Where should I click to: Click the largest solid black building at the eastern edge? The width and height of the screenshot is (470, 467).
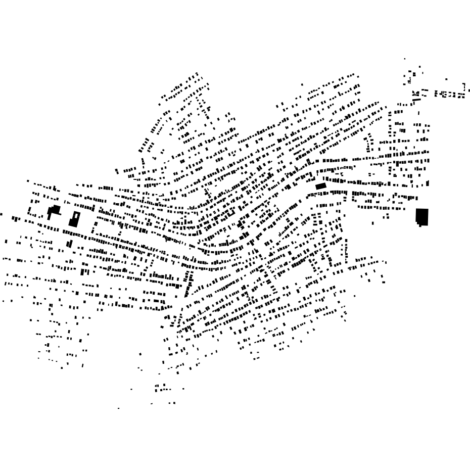422,216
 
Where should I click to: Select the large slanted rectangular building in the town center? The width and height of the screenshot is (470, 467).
321,186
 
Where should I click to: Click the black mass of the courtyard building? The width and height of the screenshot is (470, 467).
73,222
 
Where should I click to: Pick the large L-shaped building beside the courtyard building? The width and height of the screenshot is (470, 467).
54,210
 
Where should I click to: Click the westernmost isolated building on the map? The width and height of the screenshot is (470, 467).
1,214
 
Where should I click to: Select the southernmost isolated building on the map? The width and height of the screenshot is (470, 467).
119,408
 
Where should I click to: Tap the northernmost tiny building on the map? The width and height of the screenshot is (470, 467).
404,59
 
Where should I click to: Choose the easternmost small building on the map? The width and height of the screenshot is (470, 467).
469,90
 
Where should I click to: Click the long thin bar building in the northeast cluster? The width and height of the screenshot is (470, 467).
416,101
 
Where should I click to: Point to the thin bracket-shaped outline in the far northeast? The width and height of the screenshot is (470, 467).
464,87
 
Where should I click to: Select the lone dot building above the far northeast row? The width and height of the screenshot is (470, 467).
446,79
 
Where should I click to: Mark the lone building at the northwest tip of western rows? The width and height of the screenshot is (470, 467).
28,181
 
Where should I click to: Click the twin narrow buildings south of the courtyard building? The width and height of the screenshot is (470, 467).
70,244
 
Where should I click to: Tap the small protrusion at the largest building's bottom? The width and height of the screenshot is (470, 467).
420,225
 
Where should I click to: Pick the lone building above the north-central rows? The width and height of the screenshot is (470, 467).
302,84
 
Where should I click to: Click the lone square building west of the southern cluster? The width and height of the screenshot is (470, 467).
140,354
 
